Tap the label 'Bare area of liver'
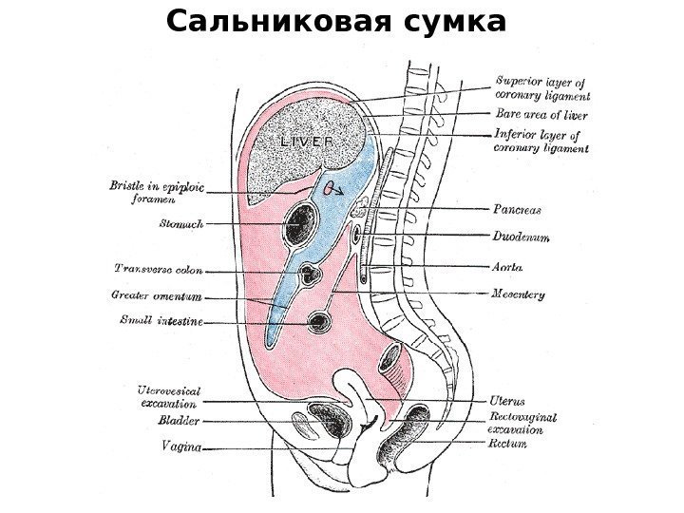536,114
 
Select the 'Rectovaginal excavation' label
522,423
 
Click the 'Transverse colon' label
158,269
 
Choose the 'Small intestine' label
161,321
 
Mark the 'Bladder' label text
179,418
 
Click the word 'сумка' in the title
446,20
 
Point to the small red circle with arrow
329,188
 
